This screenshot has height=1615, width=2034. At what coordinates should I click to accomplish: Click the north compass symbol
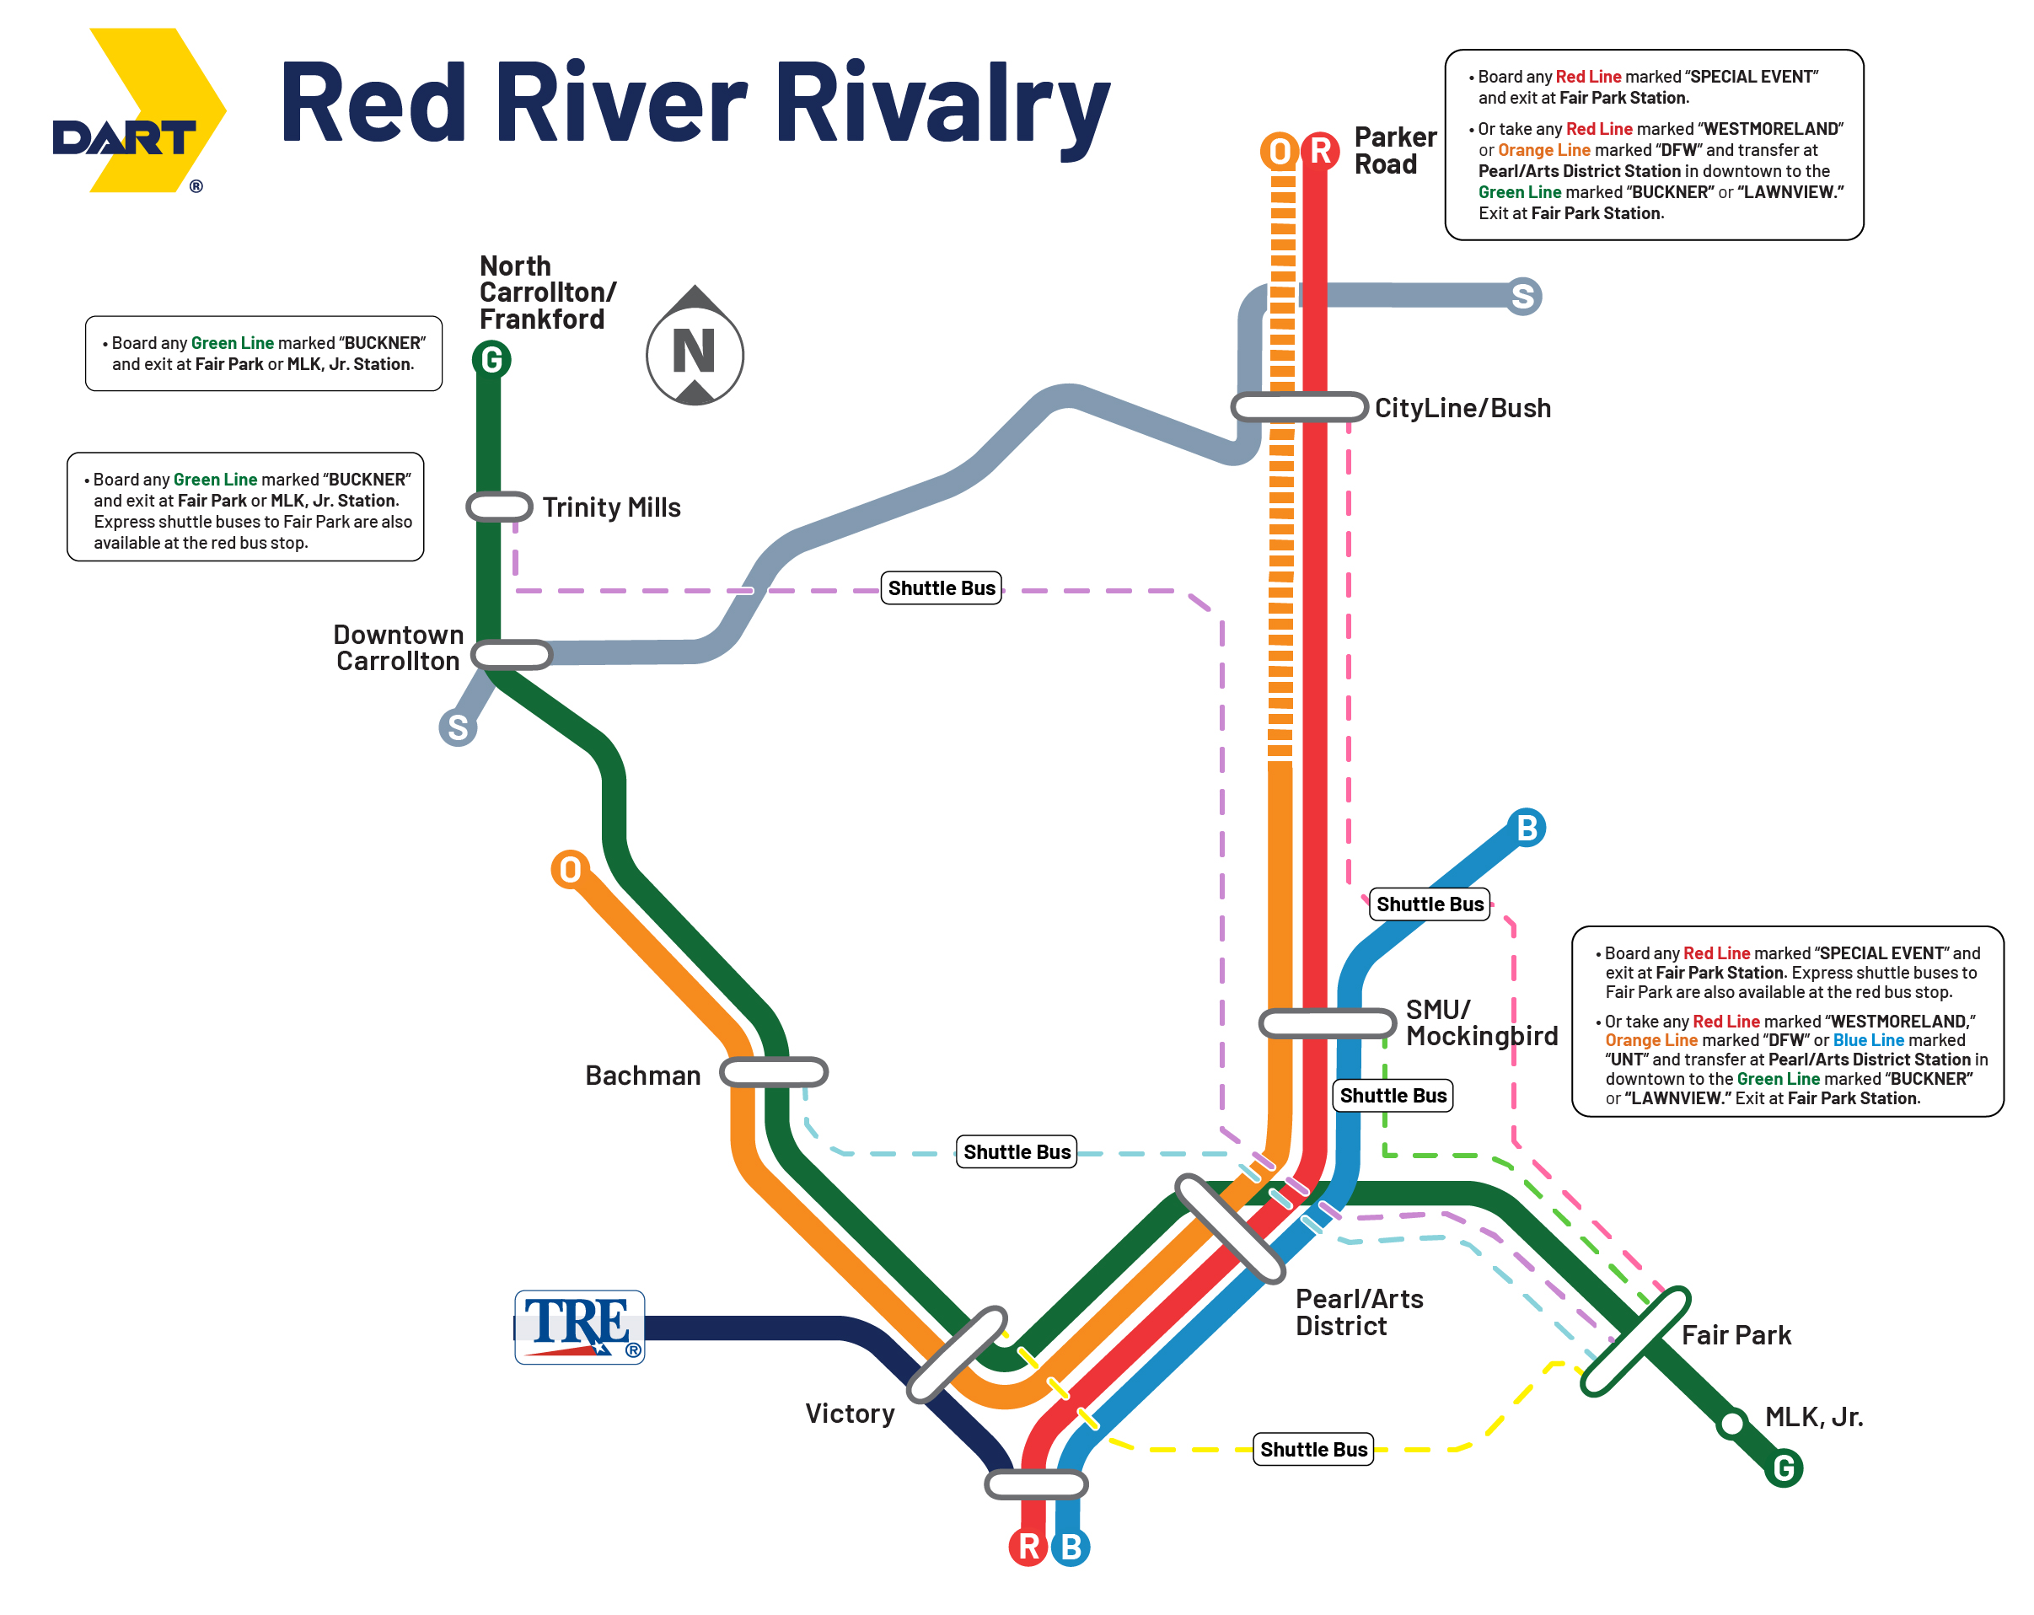point(695,346)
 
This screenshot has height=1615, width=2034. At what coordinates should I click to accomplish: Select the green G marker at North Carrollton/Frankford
point(491,359)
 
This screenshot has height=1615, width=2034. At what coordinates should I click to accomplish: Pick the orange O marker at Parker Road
point(1280,151)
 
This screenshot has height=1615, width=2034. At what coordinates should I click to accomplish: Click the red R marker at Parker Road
point(1320,151)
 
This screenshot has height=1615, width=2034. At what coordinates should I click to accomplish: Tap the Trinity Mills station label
point(611,507)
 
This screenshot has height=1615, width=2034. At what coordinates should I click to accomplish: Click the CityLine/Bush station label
point(1462,409)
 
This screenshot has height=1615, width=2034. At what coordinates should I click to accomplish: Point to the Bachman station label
point(642,1076)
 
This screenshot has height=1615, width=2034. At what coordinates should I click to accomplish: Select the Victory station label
point(849,1413)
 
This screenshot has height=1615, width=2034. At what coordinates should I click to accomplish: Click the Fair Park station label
point(1736,1335)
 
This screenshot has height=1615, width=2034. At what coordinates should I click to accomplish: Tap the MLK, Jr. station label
point(1813,1417)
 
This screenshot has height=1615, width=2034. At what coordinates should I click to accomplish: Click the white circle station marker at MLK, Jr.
point(1732,1423)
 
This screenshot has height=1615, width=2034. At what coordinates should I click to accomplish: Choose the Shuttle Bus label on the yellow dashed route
point(1313,1449)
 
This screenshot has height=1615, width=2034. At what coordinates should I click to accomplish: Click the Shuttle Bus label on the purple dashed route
point(941,588)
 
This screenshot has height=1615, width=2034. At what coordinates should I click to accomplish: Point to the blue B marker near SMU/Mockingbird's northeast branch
point(1527,829)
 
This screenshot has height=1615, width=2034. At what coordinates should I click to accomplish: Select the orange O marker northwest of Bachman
point(570,869)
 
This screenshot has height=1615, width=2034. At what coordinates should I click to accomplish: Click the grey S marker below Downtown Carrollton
point(458,727)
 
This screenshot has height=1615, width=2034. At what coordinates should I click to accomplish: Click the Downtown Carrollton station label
point(398,647)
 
